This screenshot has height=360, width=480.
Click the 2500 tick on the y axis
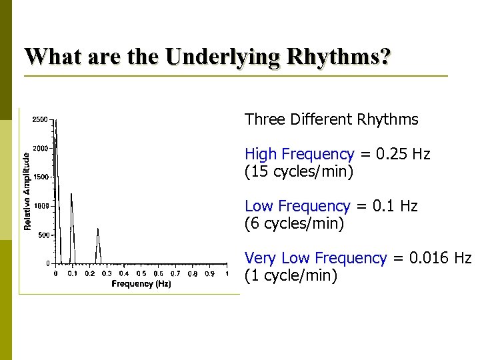coord(40,120)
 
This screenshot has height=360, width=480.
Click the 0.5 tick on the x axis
coord(141,273)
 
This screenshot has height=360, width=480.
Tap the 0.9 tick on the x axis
coord(210,273)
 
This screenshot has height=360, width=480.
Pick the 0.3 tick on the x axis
coord(107,273)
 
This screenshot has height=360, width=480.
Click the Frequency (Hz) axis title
coord(141,284)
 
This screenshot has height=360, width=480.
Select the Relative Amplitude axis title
coord(27,191)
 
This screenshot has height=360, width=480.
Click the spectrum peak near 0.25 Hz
coord(98,229)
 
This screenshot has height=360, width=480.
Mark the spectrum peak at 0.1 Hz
coord(71,195)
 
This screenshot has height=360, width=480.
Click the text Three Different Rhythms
coord(331,120)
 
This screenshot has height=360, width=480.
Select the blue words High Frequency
coord(299,155)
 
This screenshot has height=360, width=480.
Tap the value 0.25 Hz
coord(403,155)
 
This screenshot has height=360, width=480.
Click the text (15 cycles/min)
coord(299,171)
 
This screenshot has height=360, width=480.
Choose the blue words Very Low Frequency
coord(315,258)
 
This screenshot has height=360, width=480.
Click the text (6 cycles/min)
coord(294,223)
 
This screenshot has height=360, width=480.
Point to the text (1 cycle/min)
coord(291,275)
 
